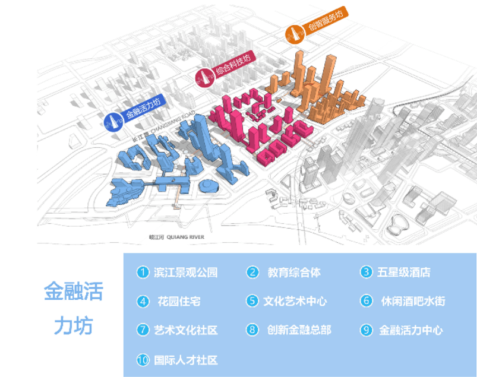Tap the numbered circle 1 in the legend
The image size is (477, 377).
[x=143, y=273]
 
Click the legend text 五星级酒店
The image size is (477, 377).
[x=404, y=273]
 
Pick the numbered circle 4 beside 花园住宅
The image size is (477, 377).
[x=143, y=302]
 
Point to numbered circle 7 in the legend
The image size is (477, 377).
[x=143, y=330]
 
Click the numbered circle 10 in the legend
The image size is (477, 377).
[x=143, y=360]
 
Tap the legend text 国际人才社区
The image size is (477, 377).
[x=185, y=360]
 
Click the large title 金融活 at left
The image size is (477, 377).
[x=74, y=293]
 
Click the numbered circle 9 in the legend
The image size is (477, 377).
[x=366, y=330]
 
